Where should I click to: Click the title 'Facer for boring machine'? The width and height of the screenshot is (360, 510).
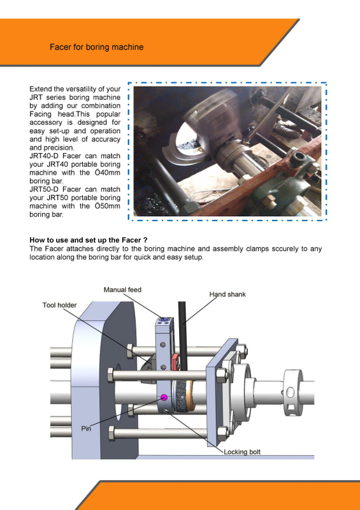(x=96, y=47)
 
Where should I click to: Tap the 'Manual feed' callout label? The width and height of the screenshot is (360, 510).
(x=122, y=290)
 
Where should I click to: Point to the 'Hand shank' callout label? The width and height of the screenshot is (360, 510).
(x=227, y=295)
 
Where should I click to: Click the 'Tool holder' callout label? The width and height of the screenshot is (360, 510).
(x=59, y=305)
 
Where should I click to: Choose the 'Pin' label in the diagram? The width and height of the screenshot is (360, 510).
(x=87, y=428)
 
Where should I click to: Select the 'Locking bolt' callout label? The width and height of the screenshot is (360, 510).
(x=242, y=452)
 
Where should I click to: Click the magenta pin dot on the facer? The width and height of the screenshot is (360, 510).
(x=164, y=397)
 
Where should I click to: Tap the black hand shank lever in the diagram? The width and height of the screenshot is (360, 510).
(x=182, y=344)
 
